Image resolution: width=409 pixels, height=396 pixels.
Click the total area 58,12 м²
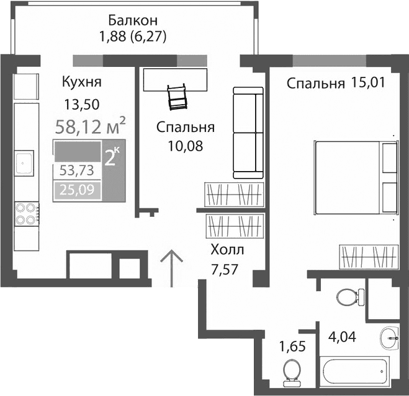90,127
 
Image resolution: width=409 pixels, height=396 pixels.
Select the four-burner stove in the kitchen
25,213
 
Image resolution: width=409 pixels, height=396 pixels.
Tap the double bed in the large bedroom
354,178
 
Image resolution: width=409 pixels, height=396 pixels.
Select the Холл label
227,250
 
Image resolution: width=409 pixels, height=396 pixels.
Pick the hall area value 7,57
225,270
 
